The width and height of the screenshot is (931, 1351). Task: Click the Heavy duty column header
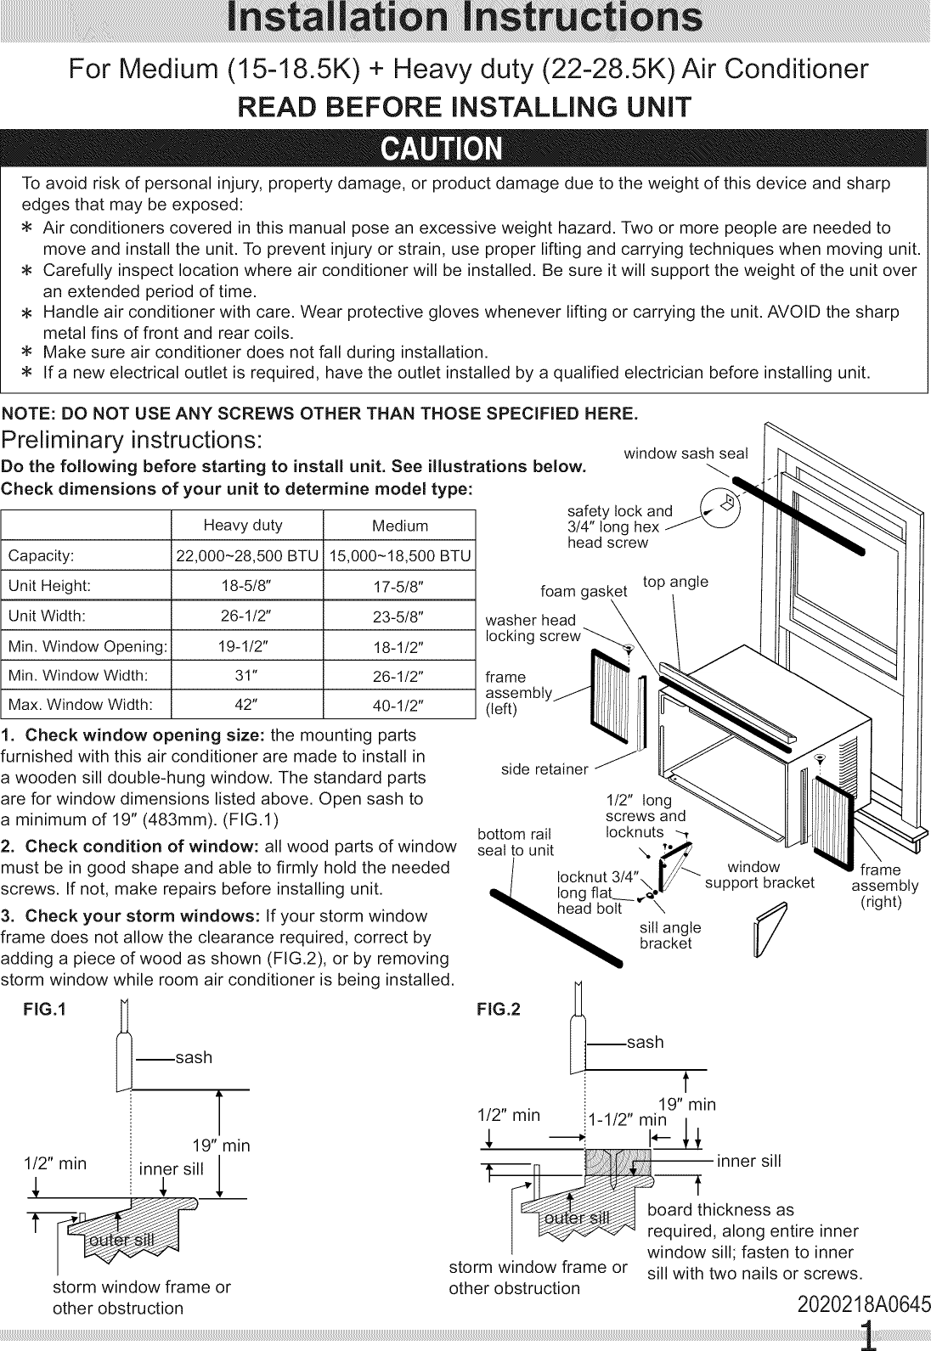coord(243,525)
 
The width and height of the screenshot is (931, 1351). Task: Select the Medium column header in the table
coord(399,526)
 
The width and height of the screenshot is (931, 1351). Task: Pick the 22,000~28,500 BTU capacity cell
coord(246,556)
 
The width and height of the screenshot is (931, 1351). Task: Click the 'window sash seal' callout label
coord(686,453)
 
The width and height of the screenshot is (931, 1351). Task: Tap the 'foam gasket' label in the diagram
coord(584,592)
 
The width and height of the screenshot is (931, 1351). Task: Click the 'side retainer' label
coord(544,769)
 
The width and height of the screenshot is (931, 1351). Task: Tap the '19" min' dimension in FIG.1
coord(222,1146)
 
